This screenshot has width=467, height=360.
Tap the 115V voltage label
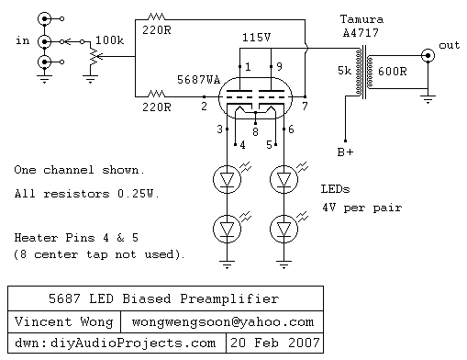point(258,37)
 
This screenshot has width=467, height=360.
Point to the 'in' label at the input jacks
point(22,41)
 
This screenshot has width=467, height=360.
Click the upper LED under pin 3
point(224,180)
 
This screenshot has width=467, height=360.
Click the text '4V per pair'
point(361,208)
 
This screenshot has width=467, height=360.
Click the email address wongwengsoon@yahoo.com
point(223,322)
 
